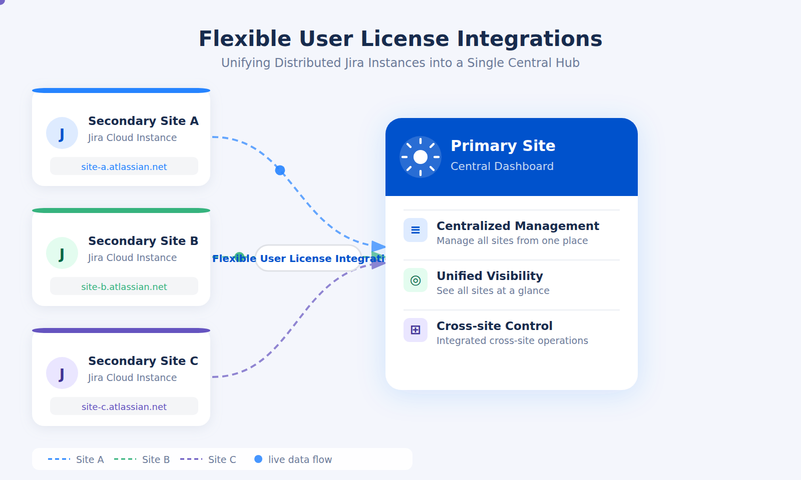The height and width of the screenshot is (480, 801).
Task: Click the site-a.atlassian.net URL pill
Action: coord(124,166)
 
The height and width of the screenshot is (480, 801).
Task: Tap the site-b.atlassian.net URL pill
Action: coord(124,286)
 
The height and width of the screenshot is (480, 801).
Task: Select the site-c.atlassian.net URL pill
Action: coord(124,406)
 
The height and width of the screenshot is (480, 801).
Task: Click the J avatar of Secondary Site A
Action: coord(62,133)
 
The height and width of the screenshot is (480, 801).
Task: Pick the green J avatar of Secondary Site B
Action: coord(62,253)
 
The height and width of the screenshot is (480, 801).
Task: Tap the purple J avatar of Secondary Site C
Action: coord(62,373)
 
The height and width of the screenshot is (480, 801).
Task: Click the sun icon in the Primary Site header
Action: coord(421,157)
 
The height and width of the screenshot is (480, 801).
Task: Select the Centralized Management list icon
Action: coord(416,230)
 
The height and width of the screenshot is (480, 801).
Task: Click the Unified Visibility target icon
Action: coord(416,280)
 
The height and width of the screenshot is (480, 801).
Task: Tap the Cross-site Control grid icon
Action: coord(416,330)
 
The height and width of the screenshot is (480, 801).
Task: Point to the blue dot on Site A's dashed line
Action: coord(280,170)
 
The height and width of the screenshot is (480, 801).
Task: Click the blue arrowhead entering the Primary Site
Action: coord(378,246)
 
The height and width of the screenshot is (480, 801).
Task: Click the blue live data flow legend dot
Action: coord(258,459)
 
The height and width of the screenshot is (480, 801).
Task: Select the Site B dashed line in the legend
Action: coord(125,459)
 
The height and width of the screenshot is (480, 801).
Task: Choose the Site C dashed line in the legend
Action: coord(191,459)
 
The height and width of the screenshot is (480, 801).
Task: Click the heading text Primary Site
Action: coord(503,145)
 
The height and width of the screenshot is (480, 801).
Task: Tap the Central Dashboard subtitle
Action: coord(502,166)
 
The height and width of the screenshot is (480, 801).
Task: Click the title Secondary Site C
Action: coord(143,360)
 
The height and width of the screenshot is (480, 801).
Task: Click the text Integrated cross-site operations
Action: coord(512,340)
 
